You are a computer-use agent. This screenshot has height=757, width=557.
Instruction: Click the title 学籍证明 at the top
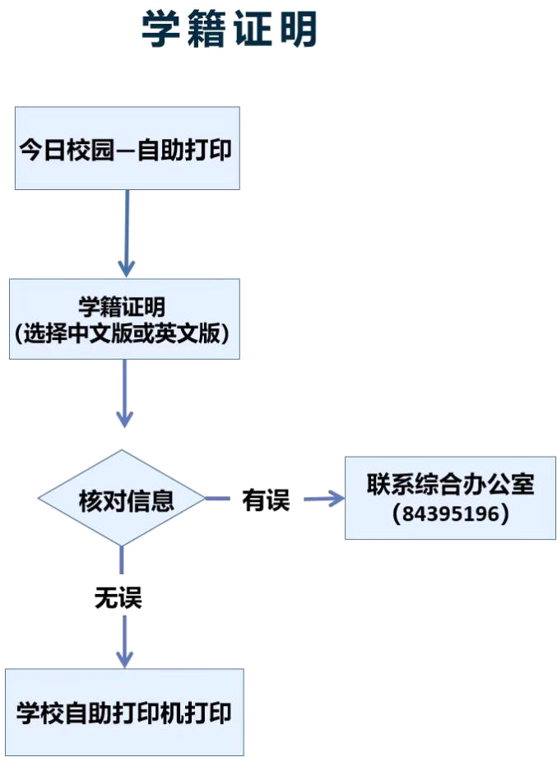click(x=229, y=29)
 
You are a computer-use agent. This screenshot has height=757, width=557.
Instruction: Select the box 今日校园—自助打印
click(x=128, y=148)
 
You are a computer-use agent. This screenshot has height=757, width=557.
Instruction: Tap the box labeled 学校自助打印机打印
click(x=124, y=712)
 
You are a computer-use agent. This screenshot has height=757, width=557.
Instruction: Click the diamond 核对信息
click(x=122, y=499)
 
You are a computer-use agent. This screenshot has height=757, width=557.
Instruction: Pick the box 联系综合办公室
click(x=450, y=498)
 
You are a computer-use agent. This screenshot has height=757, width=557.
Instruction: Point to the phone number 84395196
click(x=450, y=513)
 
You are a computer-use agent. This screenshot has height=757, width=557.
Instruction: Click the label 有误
click(x=266, y=499)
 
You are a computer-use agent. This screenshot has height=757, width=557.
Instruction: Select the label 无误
click(x=118, y=597)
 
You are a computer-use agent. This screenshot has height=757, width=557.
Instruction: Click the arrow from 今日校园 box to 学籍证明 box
click(x=127, y=233)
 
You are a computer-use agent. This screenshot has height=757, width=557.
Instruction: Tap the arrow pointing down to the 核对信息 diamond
click(x=124, y=393)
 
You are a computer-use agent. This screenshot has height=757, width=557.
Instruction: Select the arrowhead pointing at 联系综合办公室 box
click(x=337, y=499)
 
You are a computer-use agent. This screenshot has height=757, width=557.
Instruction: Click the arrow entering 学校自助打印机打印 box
click(x=124, y=642)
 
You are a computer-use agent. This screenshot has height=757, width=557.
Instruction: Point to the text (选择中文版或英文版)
click(x=122, y=333)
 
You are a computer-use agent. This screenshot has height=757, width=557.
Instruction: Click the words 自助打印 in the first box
click(x=184, y=150)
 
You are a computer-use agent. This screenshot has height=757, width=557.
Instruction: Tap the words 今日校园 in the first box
click(x=66, y=150)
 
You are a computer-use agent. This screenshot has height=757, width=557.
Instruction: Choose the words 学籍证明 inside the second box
click(x=122, y=306)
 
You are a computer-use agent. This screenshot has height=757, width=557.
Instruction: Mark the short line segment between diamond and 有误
click(x=218, y=499)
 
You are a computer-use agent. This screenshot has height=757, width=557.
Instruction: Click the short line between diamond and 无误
click(x=121, y=560)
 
